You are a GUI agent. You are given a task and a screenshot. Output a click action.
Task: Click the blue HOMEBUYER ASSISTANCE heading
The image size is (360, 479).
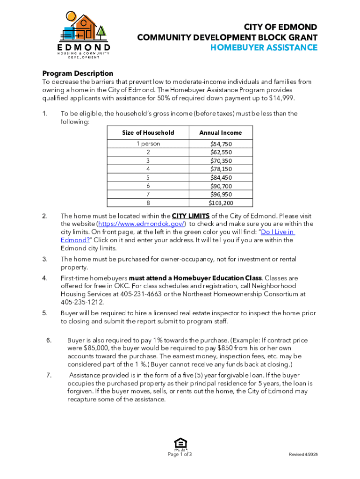coord(264,48)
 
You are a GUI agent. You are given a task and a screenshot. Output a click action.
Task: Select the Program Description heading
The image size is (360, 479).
coord(78,73)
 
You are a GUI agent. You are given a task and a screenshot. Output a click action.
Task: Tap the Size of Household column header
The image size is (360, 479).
coord(148,133)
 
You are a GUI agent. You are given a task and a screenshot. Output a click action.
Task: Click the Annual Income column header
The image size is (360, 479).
coord(220,133)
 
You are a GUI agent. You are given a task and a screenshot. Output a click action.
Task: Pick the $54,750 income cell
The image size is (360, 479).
coord(220,144)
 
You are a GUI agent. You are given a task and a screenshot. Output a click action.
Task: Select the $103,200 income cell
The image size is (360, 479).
coord(220,203)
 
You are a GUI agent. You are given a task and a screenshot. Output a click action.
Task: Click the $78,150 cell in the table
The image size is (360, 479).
coord(220,169)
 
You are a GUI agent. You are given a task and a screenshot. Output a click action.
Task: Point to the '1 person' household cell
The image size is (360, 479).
coord(148,144)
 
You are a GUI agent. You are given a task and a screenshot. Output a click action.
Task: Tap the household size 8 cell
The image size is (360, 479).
coord(148,203)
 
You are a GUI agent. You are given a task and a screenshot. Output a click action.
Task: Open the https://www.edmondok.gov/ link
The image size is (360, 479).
coord(136,224)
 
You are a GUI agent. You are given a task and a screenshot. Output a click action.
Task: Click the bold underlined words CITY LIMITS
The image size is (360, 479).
coord(191,216)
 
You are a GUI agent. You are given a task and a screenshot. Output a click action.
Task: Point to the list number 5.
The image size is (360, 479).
coord(45,313)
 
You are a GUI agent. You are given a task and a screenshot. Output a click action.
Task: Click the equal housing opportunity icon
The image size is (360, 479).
coord(180,443)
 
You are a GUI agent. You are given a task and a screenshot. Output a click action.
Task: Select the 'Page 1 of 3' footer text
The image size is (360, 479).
coord(180,455)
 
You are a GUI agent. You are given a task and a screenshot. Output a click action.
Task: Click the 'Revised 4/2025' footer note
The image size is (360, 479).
coord(303,455)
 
